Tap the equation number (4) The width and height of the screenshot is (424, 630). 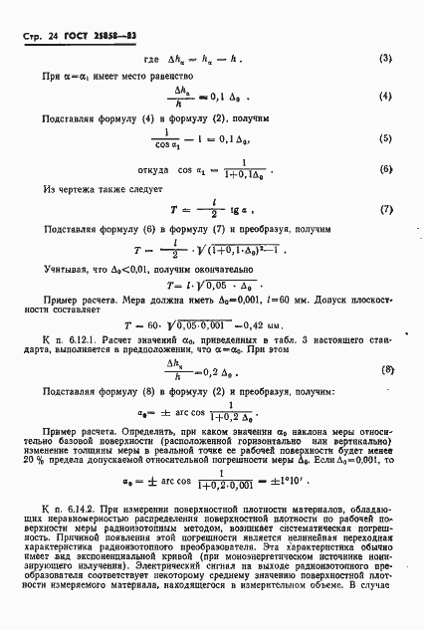coord(385,124)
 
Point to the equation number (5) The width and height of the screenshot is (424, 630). coord(385,165)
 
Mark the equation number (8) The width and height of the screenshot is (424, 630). coord(385,370)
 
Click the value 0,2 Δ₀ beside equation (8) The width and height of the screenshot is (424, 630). coord(228,370)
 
